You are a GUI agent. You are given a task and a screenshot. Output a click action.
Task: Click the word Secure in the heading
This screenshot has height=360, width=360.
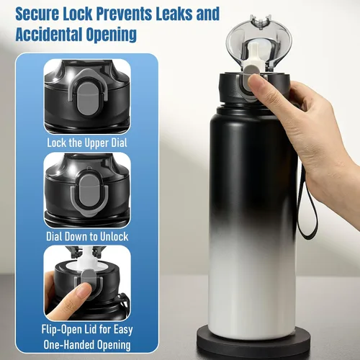tap(37, 14)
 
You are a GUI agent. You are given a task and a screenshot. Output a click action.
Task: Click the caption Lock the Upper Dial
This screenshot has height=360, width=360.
tap(87, 143)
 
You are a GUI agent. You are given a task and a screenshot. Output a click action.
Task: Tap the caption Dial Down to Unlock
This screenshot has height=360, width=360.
tap(87, 236)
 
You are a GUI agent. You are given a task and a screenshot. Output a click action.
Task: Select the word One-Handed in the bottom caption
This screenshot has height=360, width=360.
tap(68, 345)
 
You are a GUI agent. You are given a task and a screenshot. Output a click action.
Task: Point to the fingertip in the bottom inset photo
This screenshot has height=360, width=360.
tap(83, 289)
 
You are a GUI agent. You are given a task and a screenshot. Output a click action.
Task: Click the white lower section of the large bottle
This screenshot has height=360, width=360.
tap(252, 288)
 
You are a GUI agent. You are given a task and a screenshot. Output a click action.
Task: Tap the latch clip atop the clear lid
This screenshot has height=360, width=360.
tap(261, 22)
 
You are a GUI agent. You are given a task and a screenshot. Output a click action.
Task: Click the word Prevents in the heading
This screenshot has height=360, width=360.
tap(124, 14)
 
